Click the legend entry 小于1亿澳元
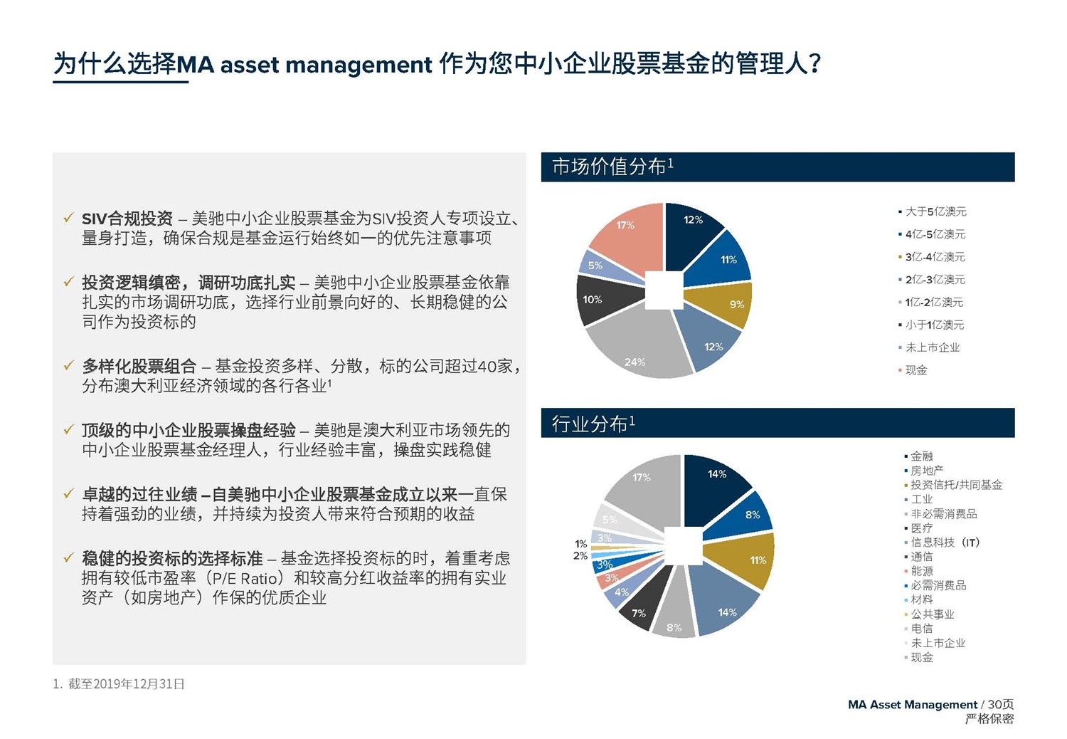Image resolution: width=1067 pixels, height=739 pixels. (934, 325)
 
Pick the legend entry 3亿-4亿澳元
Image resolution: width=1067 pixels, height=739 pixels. (935, 257)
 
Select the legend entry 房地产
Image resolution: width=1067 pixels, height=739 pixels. (927, 471)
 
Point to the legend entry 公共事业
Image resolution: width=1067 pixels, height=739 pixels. (933, 614)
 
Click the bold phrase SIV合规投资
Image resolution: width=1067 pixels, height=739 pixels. (127, 219)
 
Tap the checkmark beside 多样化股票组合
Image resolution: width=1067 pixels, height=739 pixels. (68, 366)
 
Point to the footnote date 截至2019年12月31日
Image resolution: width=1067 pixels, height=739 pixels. (126, 684)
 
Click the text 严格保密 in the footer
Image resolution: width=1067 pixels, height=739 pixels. (989, 719)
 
